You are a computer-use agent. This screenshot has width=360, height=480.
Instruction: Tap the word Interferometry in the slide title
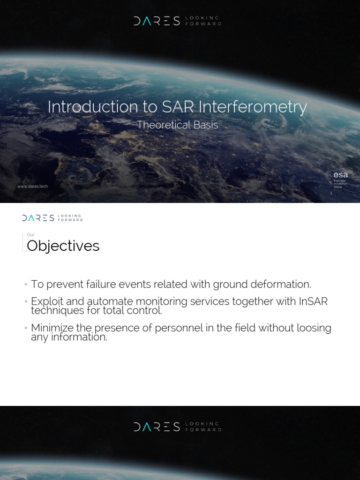(x=253, y=107)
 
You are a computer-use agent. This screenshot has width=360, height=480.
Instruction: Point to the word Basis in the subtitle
(x=206, y=125)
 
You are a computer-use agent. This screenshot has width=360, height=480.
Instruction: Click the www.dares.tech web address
(x=32, y=186)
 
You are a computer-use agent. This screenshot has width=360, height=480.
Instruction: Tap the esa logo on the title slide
(x=341, y=175)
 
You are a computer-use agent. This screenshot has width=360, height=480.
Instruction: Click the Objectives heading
(x=63, y=246)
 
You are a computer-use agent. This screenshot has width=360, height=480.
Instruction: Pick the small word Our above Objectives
(x=30, y=235)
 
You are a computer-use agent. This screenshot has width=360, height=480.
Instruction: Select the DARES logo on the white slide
(x=38, y=217)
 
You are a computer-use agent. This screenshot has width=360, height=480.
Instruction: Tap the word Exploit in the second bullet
(x=46, y=301)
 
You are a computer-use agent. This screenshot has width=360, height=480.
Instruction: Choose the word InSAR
(x=313, y=301)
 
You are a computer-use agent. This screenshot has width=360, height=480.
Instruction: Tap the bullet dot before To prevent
(x=26, y=285)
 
